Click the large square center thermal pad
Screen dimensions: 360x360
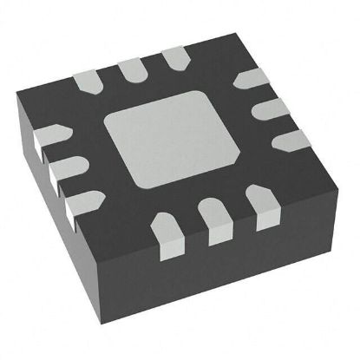tap(179, 142)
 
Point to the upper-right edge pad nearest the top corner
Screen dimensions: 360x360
tap(251, 81)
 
